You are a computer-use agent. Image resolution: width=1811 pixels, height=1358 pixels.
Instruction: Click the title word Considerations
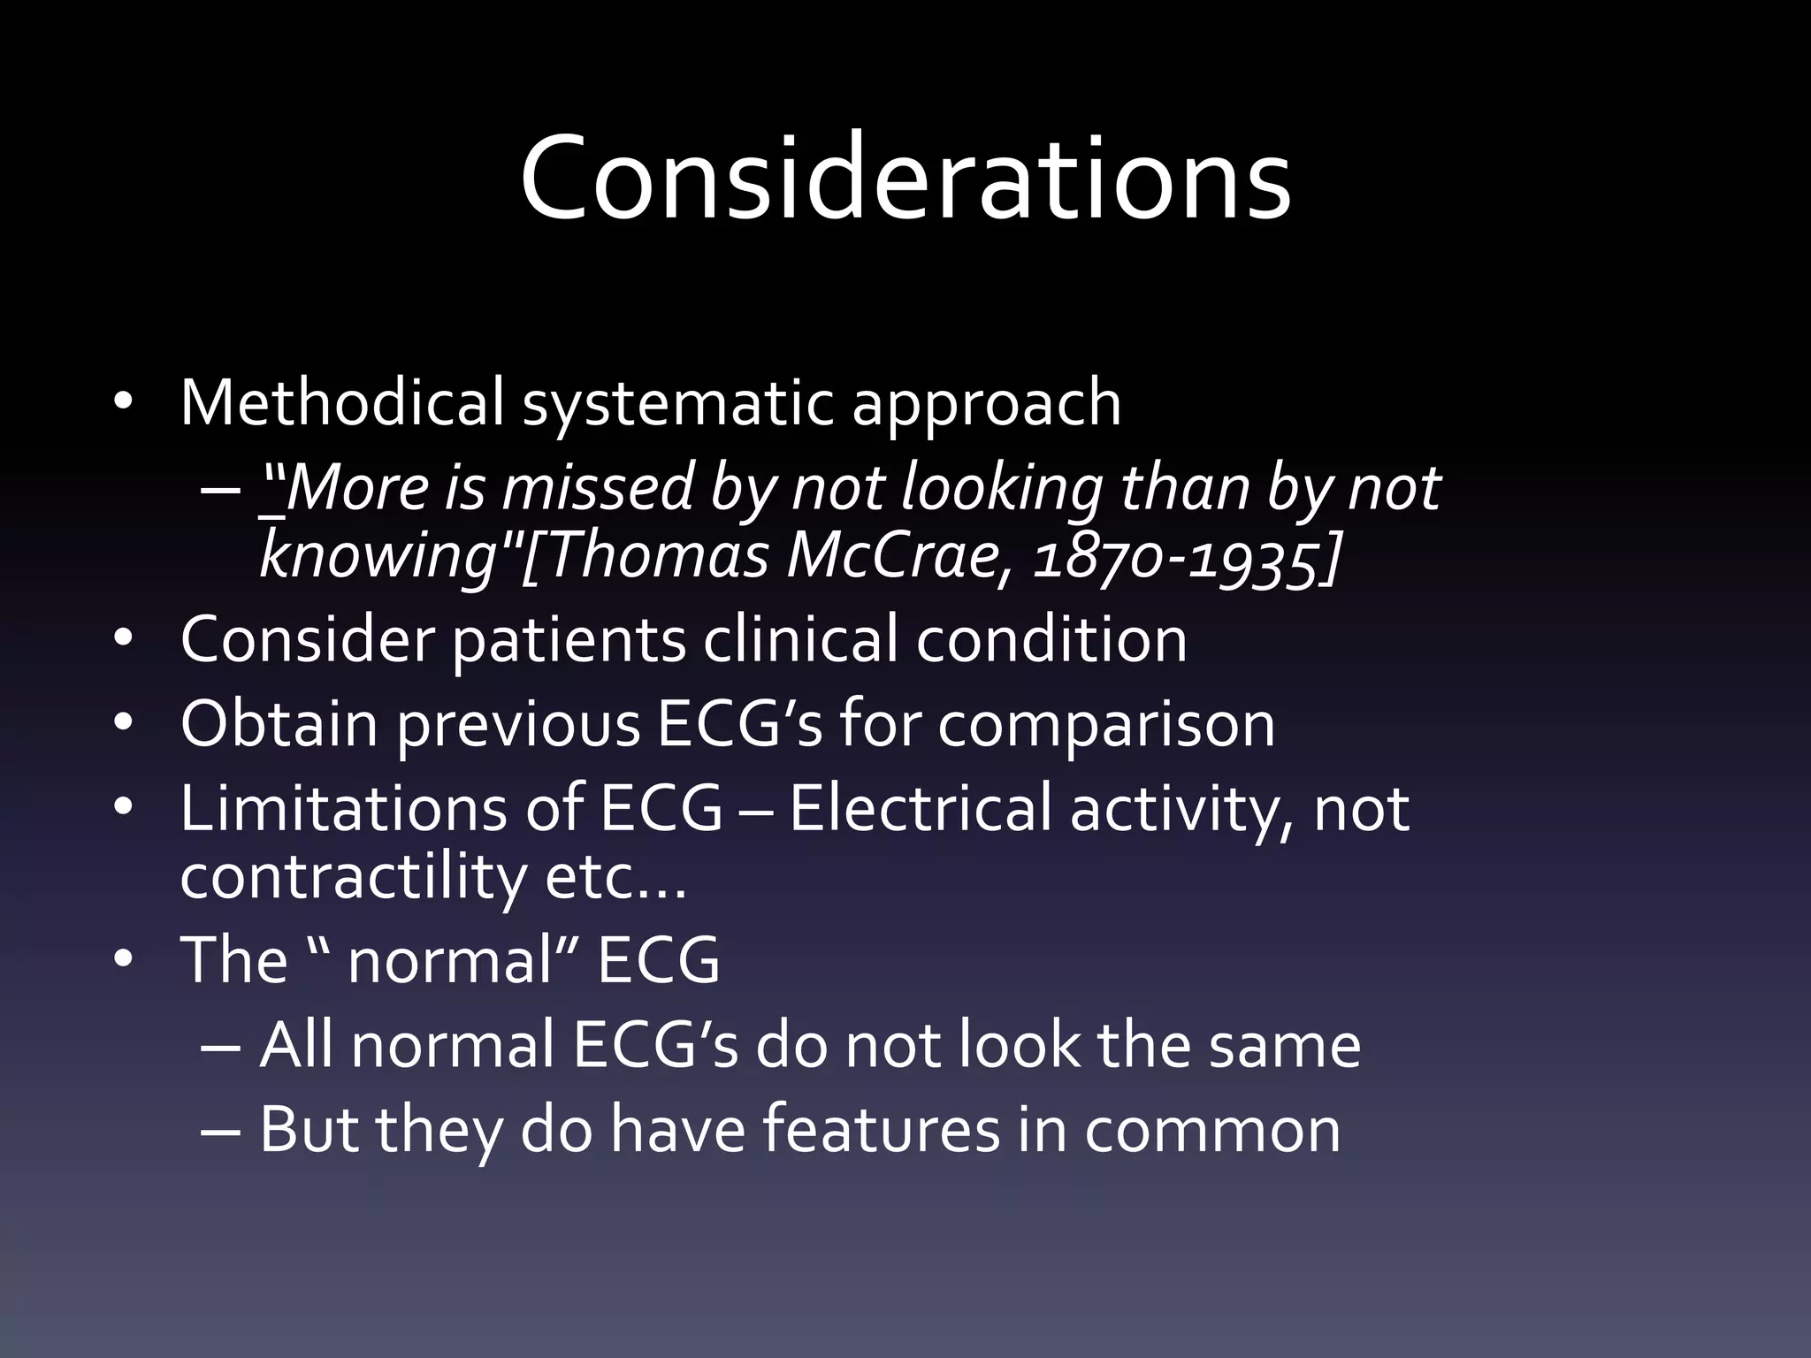905,177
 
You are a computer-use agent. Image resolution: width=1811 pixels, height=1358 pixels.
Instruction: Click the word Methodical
341,402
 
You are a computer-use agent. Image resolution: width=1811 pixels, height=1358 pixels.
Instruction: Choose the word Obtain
278,724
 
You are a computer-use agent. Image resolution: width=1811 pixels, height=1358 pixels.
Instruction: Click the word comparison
1106,726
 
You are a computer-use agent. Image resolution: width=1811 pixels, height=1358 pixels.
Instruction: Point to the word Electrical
920,808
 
